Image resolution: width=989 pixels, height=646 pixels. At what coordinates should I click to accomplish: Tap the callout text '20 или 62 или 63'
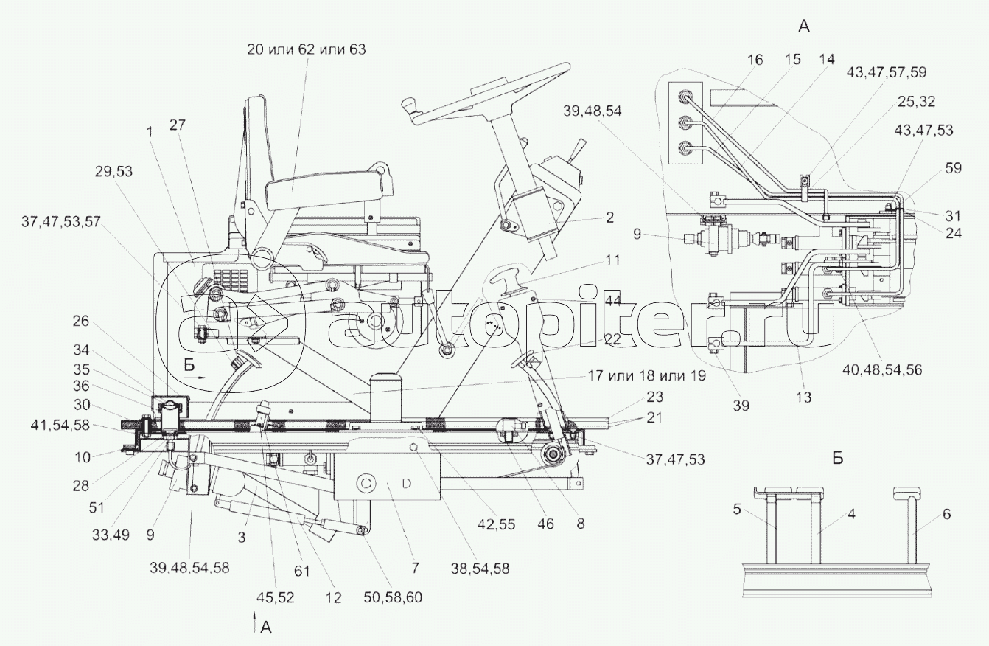click(307, 49)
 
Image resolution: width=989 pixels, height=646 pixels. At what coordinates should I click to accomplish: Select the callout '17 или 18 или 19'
click(646, 376)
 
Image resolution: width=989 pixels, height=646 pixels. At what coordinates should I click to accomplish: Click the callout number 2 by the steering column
click(609, 218)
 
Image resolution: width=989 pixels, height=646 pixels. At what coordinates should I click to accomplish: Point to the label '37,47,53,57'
click(61, 221)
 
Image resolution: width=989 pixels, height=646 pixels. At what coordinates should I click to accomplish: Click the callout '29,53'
click(113, 171)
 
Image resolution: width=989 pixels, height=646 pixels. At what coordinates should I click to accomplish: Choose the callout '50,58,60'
click(393, 597)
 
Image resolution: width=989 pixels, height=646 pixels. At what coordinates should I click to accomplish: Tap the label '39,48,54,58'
click(189, 568)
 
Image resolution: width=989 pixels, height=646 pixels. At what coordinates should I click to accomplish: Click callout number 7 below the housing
click(415, 568)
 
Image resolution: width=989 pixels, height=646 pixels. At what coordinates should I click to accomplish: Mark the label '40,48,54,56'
click(882, 370)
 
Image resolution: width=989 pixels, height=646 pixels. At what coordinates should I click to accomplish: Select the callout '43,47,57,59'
click(886, 72)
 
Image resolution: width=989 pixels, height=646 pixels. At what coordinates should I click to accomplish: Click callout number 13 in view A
click(804, 397)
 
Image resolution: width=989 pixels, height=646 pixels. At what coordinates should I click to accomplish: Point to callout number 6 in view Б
click(946, 514)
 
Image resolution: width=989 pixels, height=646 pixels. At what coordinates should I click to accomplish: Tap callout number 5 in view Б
click(736, 510)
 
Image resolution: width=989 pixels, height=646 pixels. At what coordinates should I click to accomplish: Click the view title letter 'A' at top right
click(804, 27)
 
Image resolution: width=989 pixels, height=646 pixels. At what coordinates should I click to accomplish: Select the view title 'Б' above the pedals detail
click(838, 458)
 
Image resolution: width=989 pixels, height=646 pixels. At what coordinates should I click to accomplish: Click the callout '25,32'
click(916, 102)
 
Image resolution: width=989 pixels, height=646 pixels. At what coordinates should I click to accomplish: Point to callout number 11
click(612, 260)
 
